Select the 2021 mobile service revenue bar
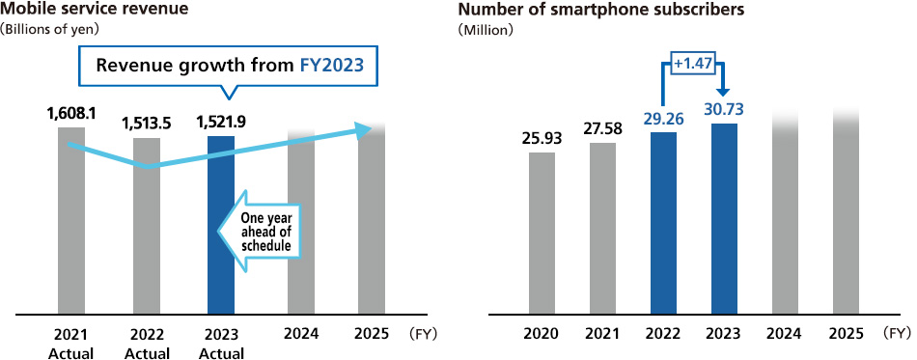(71, 232)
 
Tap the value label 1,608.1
(71, 113)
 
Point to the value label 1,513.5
(147, 123)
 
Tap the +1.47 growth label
(692, 63)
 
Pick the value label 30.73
(723, 109)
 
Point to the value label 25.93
(542, 138)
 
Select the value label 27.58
(602, 128)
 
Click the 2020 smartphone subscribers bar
(542, 234)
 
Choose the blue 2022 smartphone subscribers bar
(663, 223)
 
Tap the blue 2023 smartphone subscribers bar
(724, 219)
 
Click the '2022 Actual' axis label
(147, 344)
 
